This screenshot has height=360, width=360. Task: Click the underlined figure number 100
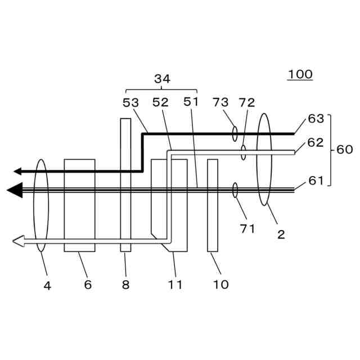pyautogui.click(x=300, y=74)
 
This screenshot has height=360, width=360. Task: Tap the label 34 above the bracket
pyautogui.click(x=162, y=79)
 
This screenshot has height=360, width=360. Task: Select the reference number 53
pyautogui.click(x=132, y=102)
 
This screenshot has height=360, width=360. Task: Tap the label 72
pyautogui.click(x=246, y=102)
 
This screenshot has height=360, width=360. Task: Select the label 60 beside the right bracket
pyautogui.click(x=344, y=150)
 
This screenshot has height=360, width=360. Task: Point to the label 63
pyautogui.click(x=316, y=119)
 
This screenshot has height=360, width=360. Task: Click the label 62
pyautogui.click(x=316, y=142)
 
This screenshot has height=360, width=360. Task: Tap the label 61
pyautogui.click(x=316, y=181)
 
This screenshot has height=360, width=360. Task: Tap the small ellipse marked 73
pyautogui.click(x=235, y=134)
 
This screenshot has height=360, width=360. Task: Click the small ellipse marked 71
pyautogui.click(x=235, y=190)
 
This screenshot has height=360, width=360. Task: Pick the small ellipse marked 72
pyautogui.click(x=244, y=152)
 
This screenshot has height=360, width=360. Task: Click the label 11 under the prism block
pyautogui.click(x=175, y=285)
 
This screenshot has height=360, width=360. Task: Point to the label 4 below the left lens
pyautogui.click(x=47, y=285)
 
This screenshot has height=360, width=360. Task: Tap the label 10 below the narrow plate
pyautogui.click(x=221, y=285)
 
